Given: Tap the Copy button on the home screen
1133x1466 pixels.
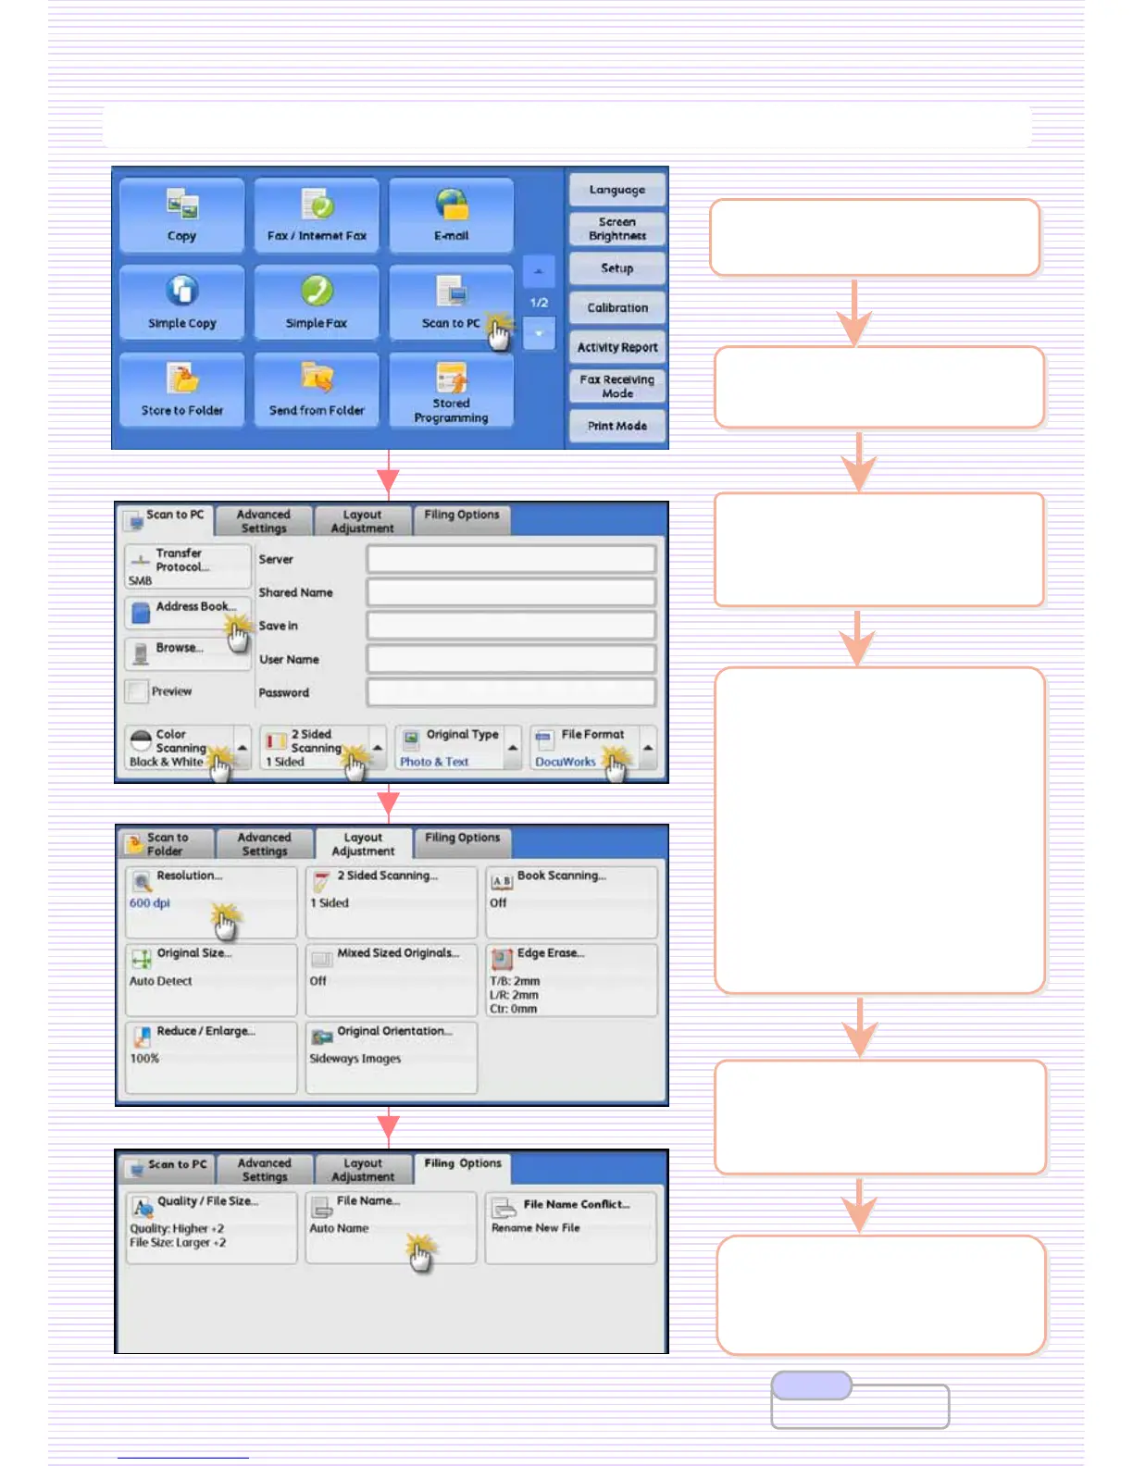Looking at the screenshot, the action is [181, 216].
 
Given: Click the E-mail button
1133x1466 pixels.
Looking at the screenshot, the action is [451, 216].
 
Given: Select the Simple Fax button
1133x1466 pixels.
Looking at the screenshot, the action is [316, 303].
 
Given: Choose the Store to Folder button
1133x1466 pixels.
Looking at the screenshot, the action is [181, 390].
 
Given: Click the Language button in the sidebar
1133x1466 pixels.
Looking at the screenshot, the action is [617, 190].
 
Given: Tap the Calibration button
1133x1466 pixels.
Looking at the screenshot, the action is [617, 307].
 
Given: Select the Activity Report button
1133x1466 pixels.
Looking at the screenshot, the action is [617, 347].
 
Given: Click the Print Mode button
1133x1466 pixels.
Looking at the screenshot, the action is [617, 426].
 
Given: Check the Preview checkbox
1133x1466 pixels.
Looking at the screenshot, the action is [138, 691].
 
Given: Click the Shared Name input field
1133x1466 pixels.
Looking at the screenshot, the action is [511, 592].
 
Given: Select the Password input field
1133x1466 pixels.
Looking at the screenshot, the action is [511, 692].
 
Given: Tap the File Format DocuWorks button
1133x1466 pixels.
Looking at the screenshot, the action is [583, 748].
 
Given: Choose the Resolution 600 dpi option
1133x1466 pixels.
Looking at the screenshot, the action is [211, 901].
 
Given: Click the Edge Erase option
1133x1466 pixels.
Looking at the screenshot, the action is [571, 979].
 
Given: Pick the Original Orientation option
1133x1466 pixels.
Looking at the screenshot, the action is [391, 1057].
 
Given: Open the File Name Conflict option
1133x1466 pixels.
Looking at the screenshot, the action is [570, 1226].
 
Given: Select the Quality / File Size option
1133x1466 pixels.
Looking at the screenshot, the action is [211, 1226].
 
